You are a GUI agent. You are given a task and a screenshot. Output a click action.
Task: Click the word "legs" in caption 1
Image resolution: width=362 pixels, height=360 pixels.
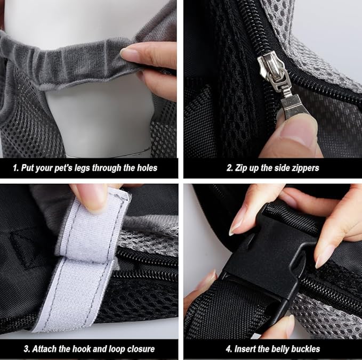(x=85, y=168)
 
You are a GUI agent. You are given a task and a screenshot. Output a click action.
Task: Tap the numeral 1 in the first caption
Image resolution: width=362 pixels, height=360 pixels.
(x=15, y=168)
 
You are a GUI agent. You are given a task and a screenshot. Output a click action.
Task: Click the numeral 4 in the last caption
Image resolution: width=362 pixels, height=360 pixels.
(x=227, y=349)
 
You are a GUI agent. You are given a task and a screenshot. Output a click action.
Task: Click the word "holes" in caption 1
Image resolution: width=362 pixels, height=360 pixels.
(x=144, y=168)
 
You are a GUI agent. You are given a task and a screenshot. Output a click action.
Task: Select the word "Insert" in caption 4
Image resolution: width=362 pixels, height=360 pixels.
(x=245, y=349)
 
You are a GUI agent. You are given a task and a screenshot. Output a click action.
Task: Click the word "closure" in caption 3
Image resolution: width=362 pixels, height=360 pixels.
(x=137, y=349)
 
